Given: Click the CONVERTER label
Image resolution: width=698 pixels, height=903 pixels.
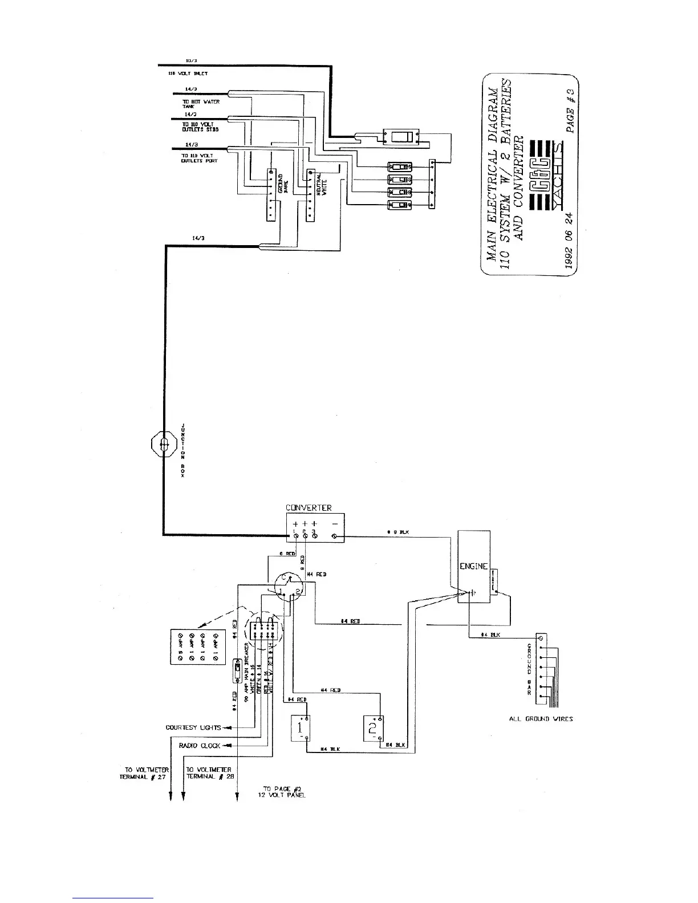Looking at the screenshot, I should point(309,508).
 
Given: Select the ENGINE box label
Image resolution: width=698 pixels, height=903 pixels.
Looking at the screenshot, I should point(474,566).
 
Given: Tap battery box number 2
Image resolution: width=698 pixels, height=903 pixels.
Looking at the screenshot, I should point(372,728).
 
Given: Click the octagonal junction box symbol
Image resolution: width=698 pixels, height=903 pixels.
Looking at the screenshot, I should point(163,444).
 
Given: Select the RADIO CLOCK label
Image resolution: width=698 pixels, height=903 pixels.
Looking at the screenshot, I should point(200,746).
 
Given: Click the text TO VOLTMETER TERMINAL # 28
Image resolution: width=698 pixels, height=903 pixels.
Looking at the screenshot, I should point(209,773).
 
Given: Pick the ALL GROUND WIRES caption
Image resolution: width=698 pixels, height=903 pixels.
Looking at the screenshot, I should point(541,719).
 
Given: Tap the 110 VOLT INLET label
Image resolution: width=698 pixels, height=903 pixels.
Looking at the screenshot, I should point(188,74).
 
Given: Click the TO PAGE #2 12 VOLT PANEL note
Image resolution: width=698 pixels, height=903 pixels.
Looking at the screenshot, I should point(282,791).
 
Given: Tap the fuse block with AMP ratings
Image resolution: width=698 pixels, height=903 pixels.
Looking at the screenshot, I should point(199,646).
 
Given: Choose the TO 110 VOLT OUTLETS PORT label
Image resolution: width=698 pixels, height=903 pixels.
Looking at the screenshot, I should point(199,158).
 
